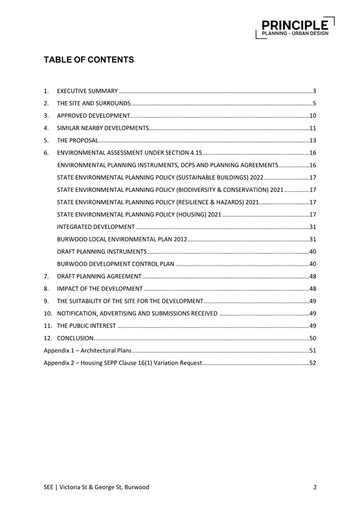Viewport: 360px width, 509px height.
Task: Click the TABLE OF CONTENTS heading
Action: (89, 60)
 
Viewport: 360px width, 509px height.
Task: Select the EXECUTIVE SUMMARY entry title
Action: (87, 91)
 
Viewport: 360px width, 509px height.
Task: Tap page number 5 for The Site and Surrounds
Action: (314, 103)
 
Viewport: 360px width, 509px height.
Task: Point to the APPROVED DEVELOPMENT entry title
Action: (93, 116)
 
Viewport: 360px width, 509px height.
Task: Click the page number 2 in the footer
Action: (315, 487)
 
